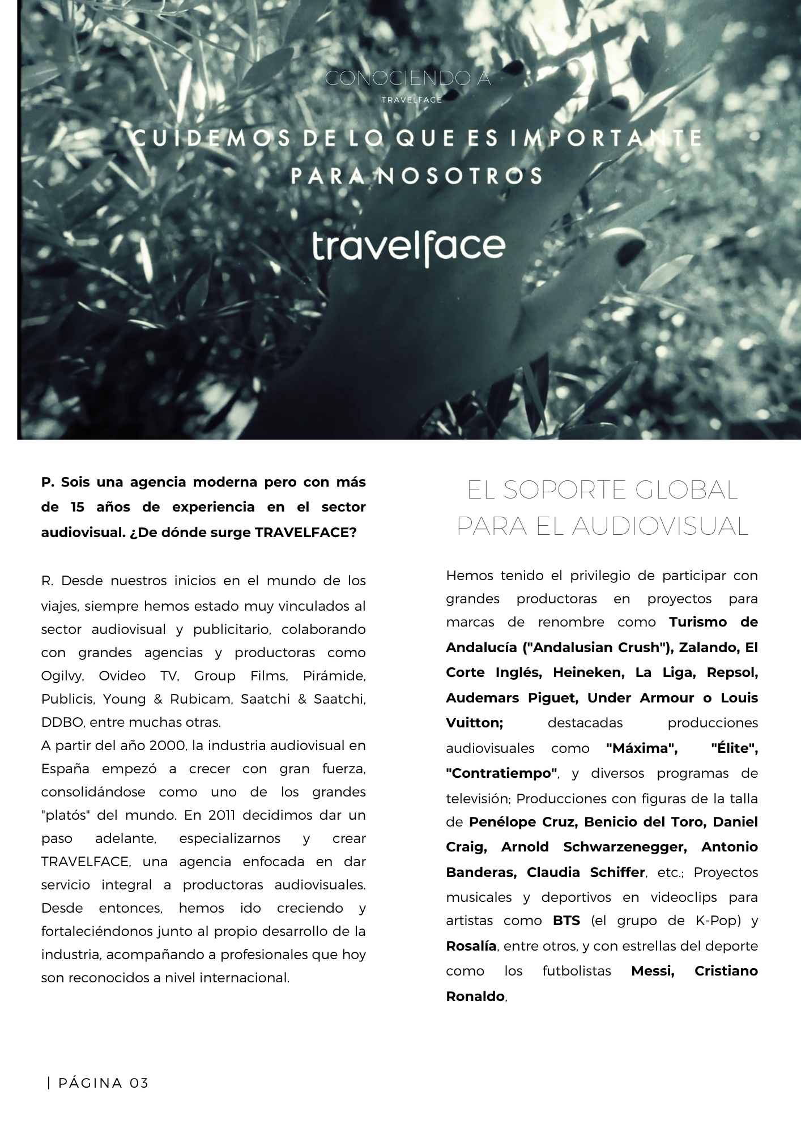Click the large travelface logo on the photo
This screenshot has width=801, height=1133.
[x=408, y=246]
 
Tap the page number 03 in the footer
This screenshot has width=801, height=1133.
[x=139, y=1083]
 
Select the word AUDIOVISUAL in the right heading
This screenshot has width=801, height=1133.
[x=660, y=526]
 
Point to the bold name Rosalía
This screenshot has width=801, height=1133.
[x=471, y=945]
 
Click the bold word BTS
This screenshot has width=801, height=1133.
[x=566, y=920]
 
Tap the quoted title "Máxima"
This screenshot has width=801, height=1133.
[x=642, y=748]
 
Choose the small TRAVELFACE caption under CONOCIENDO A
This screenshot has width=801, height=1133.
[x=411, y=100]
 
